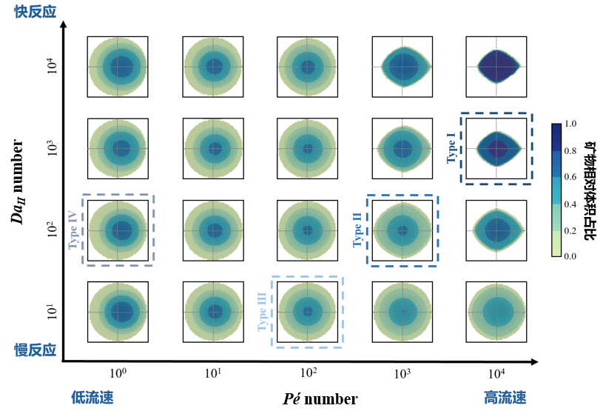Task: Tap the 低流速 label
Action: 92,398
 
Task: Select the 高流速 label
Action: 505,398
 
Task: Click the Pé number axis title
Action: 320,399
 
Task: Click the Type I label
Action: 451,148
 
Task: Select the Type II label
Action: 357,230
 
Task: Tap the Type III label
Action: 263,312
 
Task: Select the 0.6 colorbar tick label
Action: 570,177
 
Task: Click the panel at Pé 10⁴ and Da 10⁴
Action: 496,67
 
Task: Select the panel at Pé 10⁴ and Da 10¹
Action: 496,312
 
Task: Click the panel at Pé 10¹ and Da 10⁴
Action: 213,67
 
